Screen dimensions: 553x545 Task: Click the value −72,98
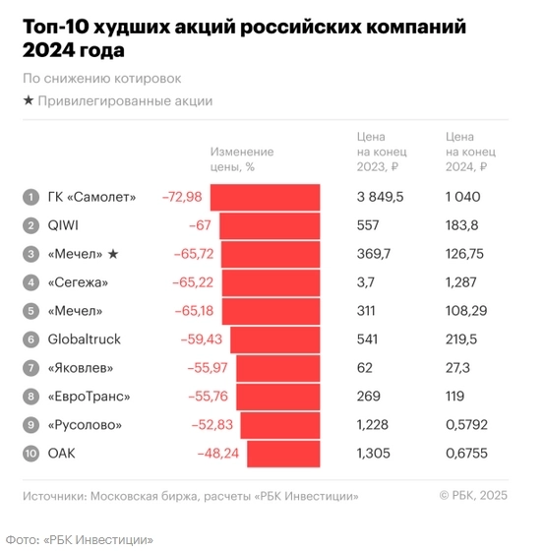[182, 197]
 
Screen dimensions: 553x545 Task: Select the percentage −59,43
[202, 339]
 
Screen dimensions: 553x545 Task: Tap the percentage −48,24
[214, 454]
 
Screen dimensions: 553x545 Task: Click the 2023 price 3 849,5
[380, 197]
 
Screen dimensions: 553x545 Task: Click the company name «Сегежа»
[78, 282]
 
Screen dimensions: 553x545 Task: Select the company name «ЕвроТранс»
[89, 397]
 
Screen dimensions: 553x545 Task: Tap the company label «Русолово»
[86, 425]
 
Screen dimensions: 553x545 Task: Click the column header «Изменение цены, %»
[241, 159]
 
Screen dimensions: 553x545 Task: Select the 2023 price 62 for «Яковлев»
[365, 368]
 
